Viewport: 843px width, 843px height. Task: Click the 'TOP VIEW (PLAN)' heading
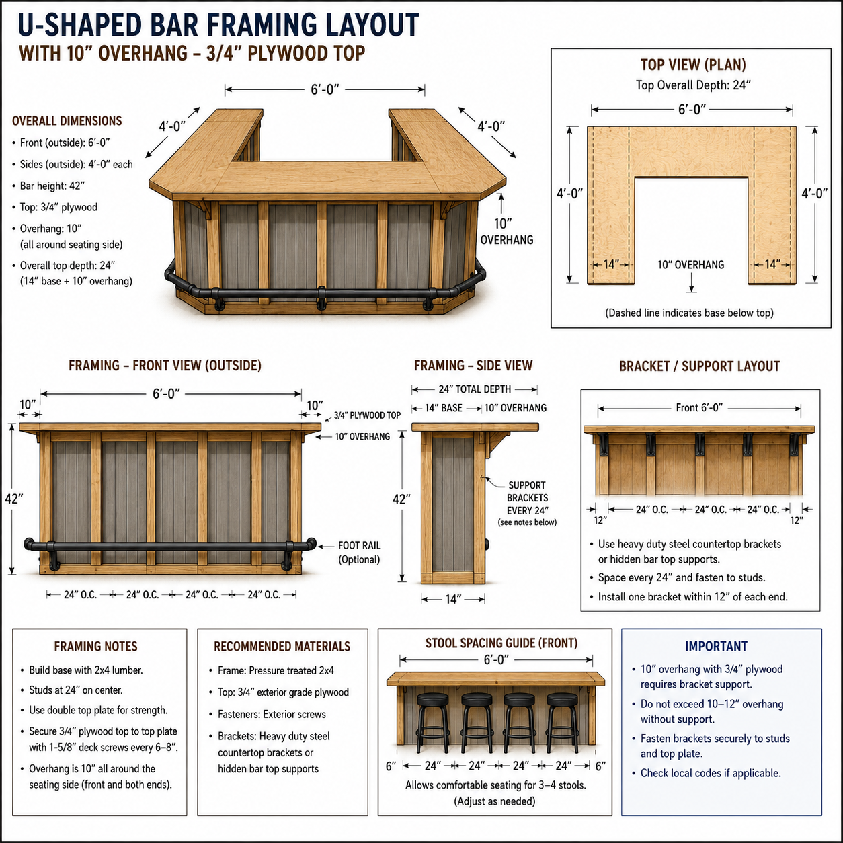[693, 65]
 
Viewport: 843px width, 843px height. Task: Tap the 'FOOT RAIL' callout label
[359, 545]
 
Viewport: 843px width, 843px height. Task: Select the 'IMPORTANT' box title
[716, 646]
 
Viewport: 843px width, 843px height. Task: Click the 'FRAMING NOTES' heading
[96, 646]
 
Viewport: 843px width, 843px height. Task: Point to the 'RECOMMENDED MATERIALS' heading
[282, 646]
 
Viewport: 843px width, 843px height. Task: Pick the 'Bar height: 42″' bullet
[52, 186]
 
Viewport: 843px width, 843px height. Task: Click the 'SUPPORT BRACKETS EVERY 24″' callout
[527, 498]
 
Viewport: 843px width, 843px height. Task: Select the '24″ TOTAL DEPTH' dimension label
[475, 389]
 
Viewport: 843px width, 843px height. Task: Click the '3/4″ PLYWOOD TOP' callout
[367, 415]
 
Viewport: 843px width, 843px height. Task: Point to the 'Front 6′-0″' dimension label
[699, 408]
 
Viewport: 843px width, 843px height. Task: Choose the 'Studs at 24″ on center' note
[76, 690]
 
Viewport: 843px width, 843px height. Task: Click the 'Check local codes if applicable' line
[711, 774]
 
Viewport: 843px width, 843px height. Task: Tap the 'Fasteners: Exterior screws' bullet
[272, 715]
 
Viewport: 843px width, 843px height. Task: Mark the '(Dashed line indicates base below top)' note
[690, 313]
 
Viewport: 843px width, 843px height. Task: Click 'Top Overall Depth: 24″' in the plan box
[693, 85]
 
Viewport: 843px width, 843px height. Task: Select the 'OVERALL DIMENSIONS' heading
[67, 121]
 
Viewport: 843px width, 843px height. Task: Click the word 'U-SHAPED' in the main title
[79, 25]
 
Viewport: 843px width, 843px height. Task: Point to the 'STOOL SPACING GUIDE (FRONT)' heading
[501, 643]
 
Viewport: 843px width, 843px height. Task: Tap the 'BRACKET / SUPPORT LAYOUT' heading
[699, 366]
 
